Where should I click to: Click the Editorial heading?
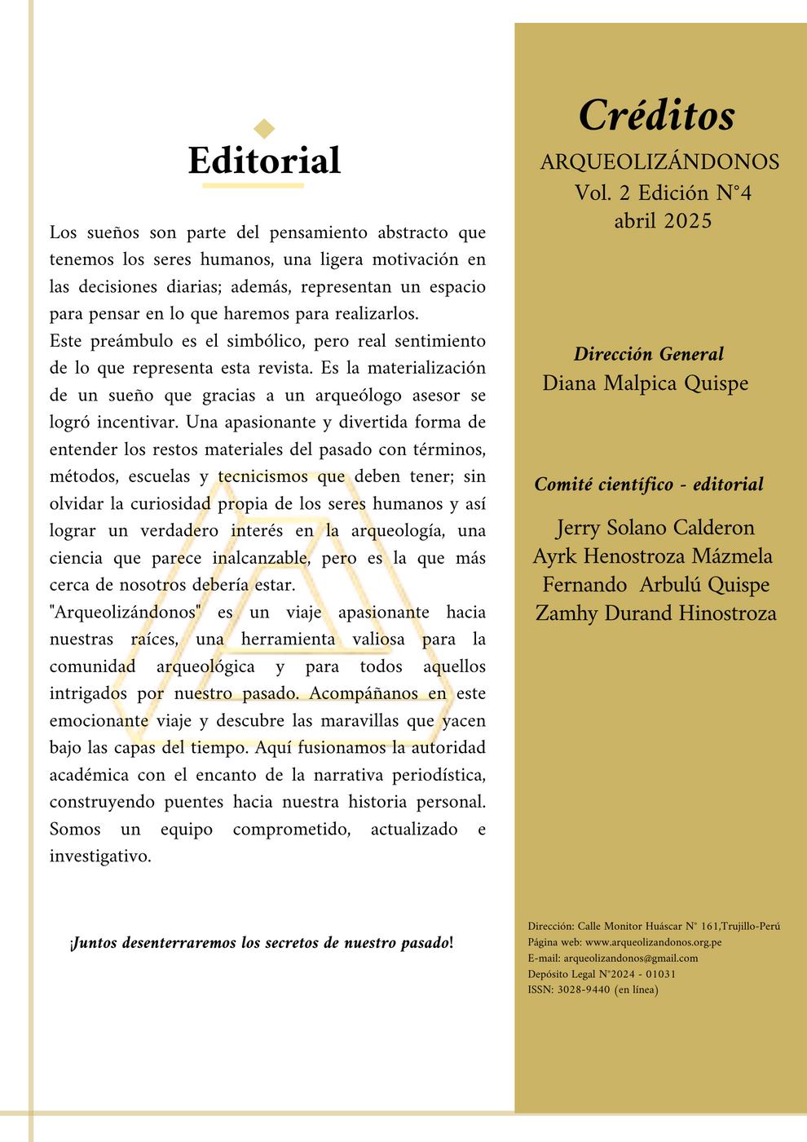(x=264, y=161)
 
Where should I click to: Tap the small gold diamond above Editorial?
(x=264, y=128)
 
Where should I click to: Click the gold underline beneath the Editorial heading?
(x=253, y=186)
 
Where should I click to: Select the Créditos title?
(x=656, y=115)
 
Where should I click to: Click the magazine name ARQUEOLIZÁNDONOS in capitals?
(x=659, y=162)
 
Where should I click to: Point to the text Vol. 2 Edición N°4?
(x=662, y=193)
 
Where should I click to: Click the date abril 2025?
(x=662, y=221)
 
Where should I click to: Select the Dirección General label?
(x=648, y=354)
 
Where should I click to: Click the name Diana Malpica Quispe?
(x=645, y=383)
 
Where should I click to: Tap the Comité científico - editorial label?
(x=649, y=485)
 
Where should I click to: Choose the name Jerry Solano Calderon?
(x=655, y=528)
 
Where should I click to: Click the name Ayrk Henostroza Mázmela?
(x=652, y=556)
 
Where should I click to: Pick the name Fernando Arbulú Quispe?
(x=655, y=585)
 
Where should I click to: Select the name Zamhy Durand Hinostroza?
(x=655, y=613)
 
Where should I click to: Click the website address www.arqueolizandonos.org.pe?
(x=654, y=942)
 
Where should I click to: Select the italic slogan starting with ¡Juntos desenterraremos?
(x=262, y=944)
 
